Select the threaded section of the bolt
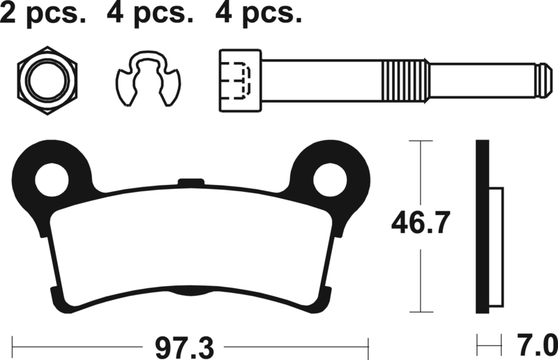pyautogui.click(x=405, y=80)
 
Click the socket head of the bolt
pyautogui.click(x=240, y=80)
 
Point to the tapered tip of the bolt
pyautogui.click(x=544, y=80)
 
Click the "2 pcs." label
pyautogui.click(x=43, y=13)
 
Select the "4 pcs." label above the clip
pyautogui.click(x=150, y=13)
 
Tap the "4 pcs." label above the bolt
pyautogui.click(x=258, y=13)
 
